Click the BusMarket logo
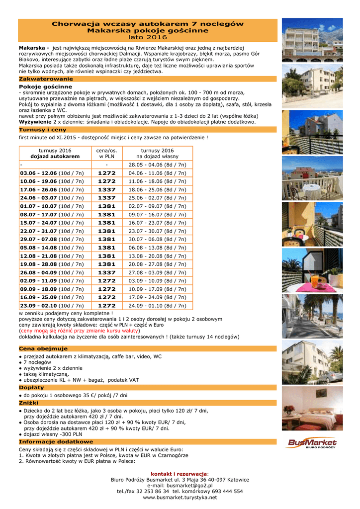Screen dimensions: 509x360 pyautogui.click(x=312, y=443)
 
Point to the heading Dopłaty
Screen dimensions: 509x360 pyautogui.click(x=31, y=387)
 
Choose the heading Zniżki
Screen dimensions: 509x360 pyautogui.click(x=28, y=403)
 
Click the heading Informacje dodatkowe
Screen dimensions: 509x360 pyautogui.click(x=56, y=441)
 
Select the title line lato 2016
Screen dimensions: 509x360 pyautogui.click(x=148, y=37)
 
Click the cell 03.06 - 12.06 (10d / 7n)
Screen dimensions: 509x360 pyautogui.click(x=52, y=173)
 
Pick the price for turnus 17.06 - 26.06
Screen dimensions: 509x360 pyautogui.click(x=106, y=189)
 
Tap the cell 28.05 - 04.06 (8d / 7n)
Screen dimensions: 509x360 pyautogui.click(x=157, y=165)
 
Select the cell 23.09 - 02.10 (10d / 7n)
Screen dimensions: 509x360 pyautogui.click(x=52, y=305)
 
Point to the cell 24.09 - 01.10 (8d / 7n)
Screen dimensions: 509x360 pyautogui.click(x=157, y=305)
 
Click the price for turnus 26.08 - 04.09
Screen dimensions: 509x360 pyautogui.click(x=106, y=272)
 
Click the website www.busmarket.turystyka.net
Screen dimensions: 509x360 pyautogui.click(x=180, y=497)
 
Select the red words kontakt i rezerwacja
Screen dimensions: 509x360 pyautogui.click(x=179, y=474)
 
